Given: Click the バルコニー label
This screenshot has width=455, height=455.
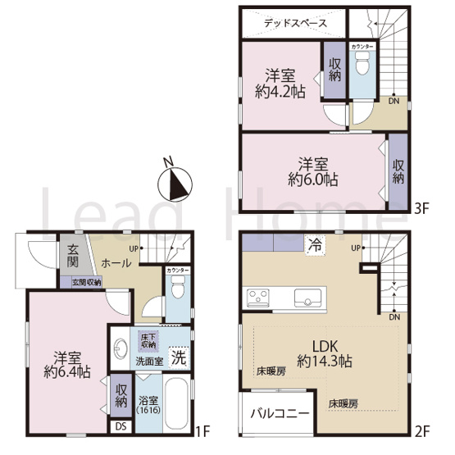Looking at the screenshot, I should [279, 415].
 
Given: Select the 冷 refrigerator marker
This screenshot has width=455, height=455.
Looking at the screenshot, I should [313, 243].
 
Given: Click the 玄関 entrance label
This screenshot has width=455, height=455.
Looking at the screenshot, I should [73, 256].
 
